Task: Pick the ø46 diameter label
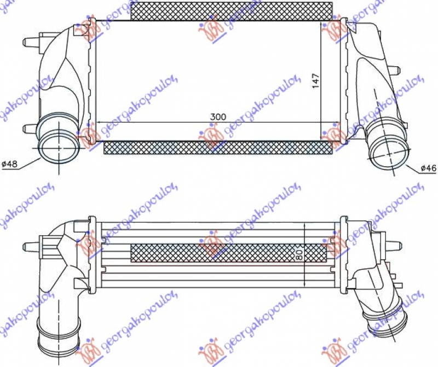point(429,168)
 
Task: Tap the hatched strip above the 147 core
point(232,10)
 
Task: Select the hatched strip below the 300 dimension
point(217,147)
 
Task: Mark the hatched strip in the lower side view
point(228,253)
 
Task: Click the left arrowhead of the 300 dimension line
point(99,122)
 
